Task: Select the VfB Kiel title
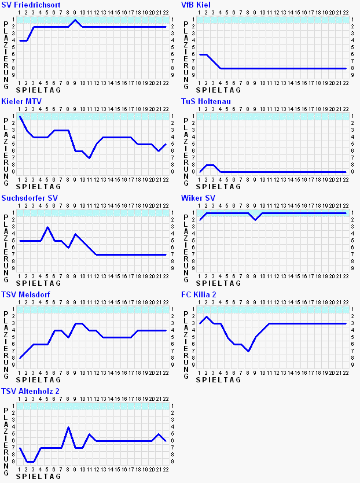pyautogui.click(x=196, y=5)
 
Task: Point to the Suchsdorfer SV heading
pyautogui.click(x=30, y=198)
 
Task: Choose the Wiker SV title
pyautogui.click(x=198, y=198)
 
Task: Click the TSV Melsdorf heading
pyautogui.click(x=25, y=294)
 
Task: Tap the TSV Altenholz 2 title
pyautogui.click(x=30, y=391)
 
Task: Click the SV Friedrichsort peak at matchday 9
pyautogui.click(x=75, y=20)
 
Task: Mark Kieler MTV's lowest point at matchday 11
pyautogui.click(x=89, y=158)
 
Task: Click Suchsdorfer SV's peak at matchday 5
pyautogui.click(x=47, y=227)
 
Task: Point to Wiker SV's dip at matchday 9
pyautogui.click(x=255, y=220)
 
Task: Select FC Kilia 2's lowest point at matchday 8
pyautogui.click(x=248, y=351)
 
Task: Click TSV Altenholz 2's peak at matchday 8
pyautogui.click(x=68, y=427)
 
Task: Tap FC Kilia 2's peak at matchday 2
pyautogui.click(x=207, y=316)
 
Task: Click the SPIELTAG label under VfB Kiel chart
pyautogui.click(x=217, y=90)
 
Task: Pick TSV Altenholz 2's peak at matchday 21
pyautogui.click(x=159, y=434)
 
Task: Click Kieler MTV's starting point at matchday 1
pyautogui.click(x=20, y=116)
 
